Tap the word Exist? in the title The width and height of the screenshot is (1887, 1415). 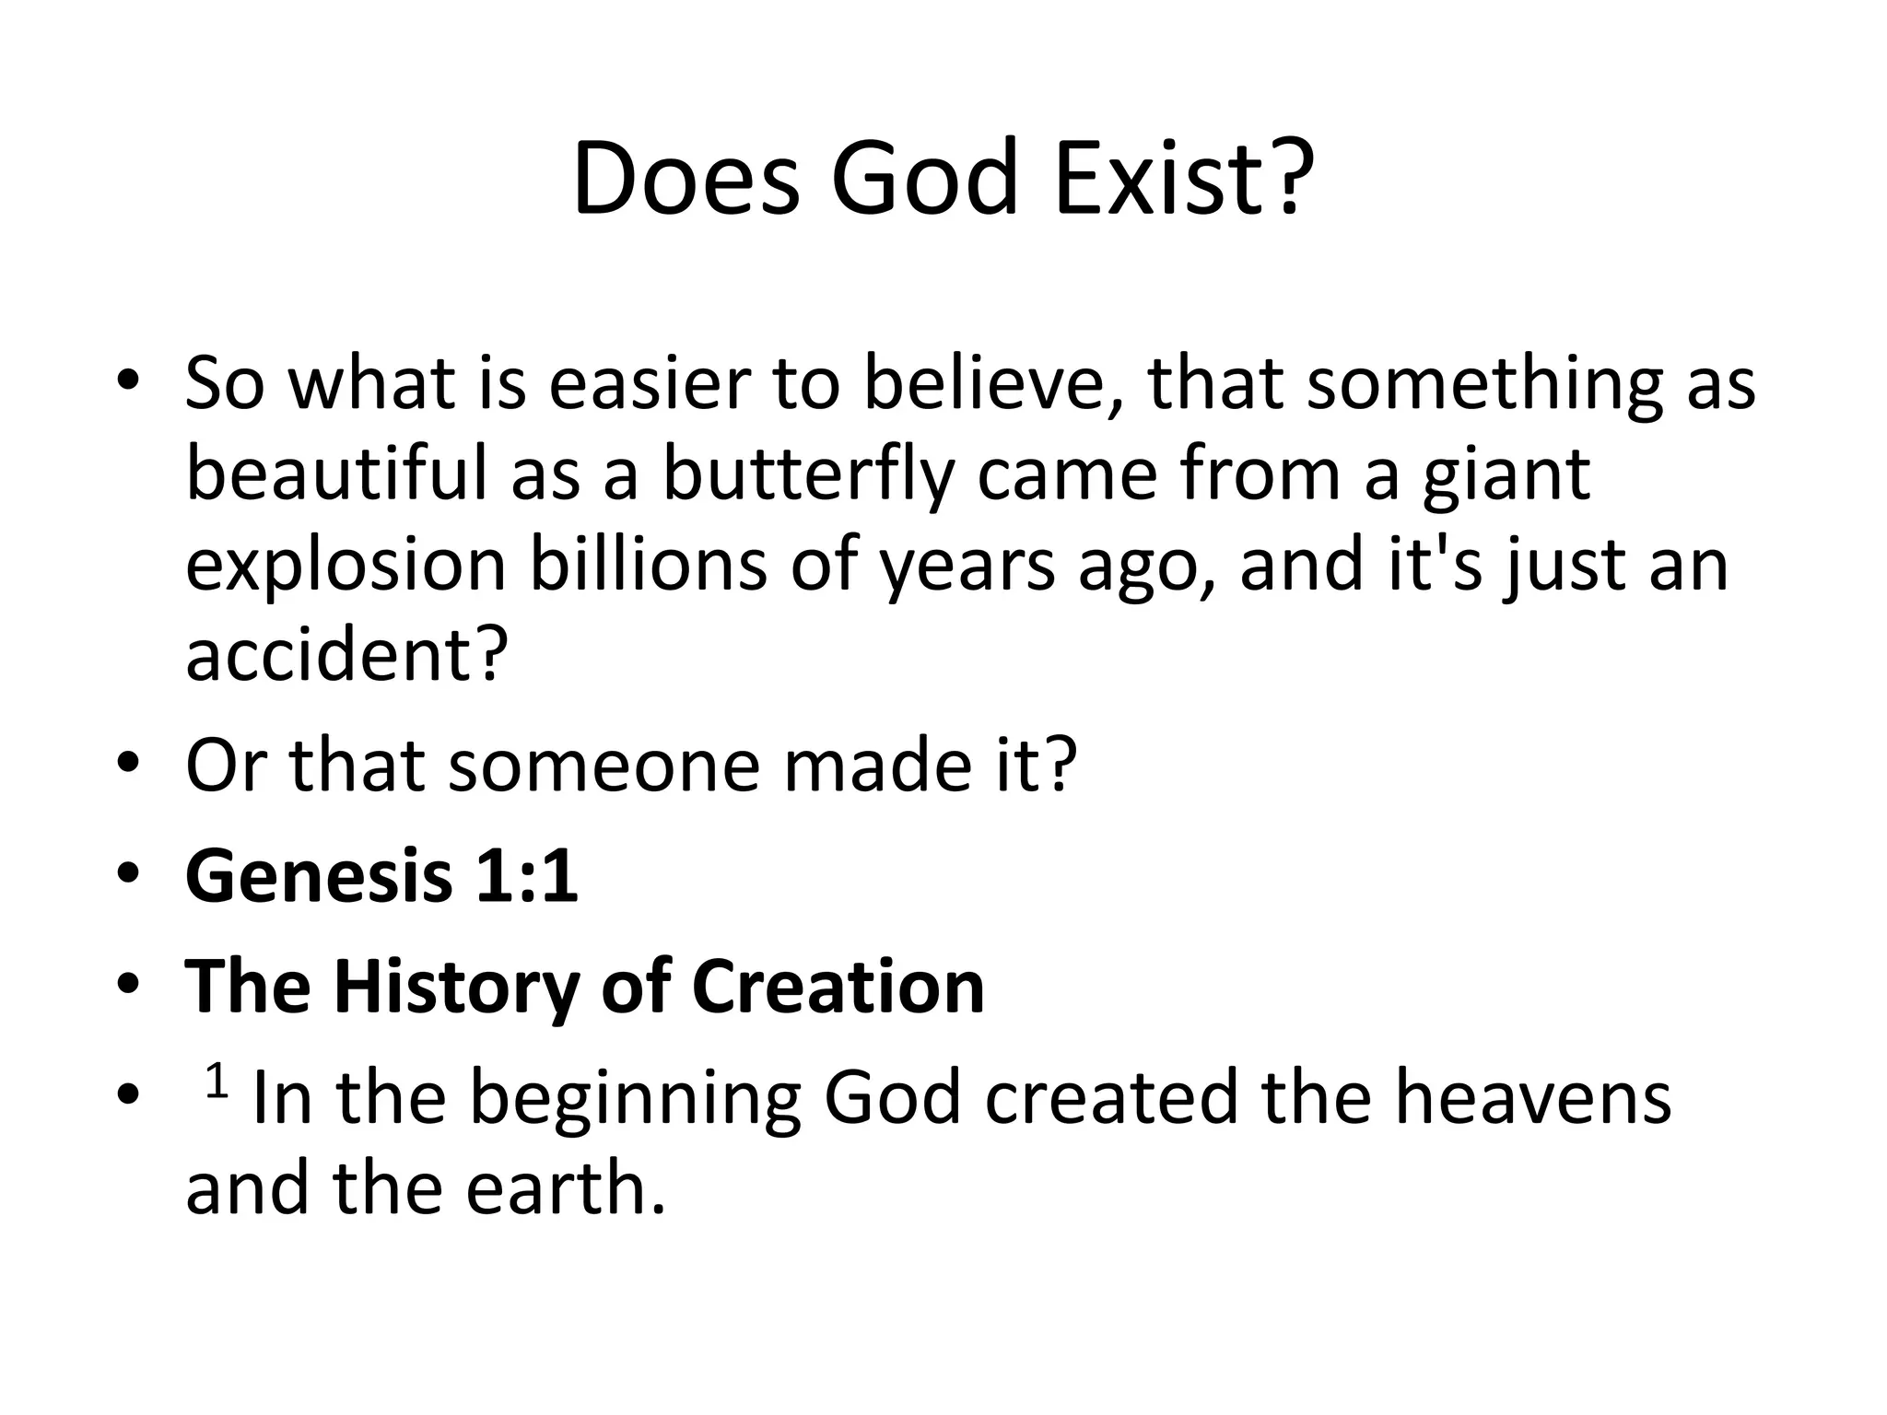(x=1183, y=178)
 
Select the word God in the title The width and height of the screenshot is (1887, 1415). (x=925, y=178)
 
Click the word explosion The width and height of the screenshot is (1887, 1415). (x=346, y=566)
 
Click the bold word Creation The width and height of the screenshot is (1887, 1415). (x=838, y=987)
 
